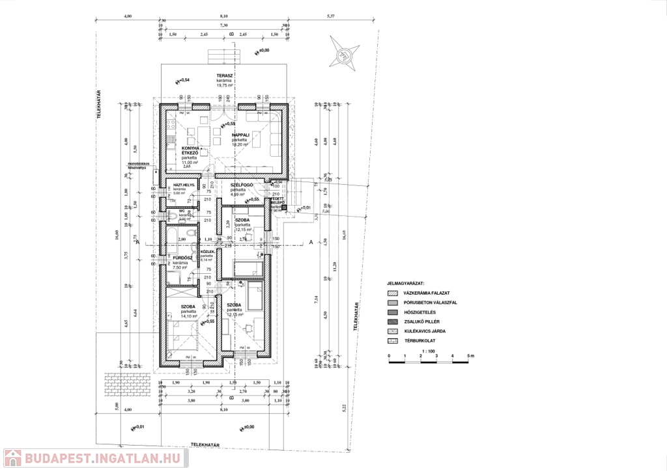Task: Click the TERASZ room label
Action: point(225,75)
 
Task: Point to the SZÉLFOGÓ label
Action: point(242,185)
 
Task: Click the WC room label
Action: point(174,211)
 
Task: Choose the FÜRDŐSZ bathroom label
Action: point(180,258)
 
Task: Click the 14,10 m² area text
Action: point(189,317)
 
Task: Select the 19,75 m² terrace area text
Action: point(225,85)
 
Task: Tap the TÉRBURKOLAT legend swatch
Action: point(393,340)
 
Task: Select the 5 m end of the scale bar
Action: point(470,357)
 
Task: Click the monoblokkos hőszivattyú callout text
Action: point(139,165)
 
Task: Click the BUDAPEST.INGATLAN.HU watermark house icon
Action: point(12,458)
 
